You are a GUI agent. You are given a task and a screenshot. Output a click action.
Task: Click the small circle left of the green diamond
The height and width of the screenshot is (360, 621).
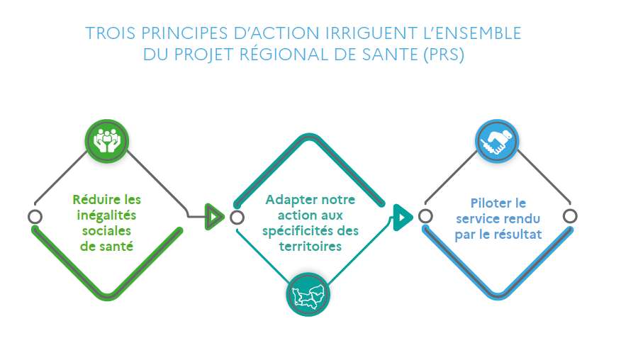34,216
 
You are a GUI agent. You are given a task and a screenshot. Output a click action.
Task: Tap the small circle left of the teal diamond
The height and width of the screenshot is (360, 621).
237,216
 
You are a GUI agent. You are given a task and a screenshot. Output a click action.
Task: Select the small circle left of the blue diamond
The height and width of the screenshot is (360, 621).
425,216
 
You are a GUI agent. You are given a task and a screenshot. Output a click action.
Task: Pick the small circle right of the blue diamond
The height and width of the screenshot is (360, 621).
570,216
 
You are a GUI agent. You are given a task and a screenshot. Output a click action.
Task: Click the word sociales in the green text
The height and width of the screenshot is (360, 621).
106,230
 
